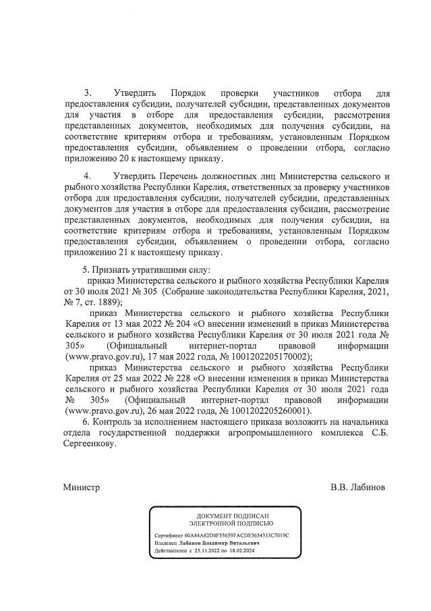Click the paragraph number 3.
[x=87, y=92]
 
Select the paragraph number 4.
[x=87, y=176]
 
